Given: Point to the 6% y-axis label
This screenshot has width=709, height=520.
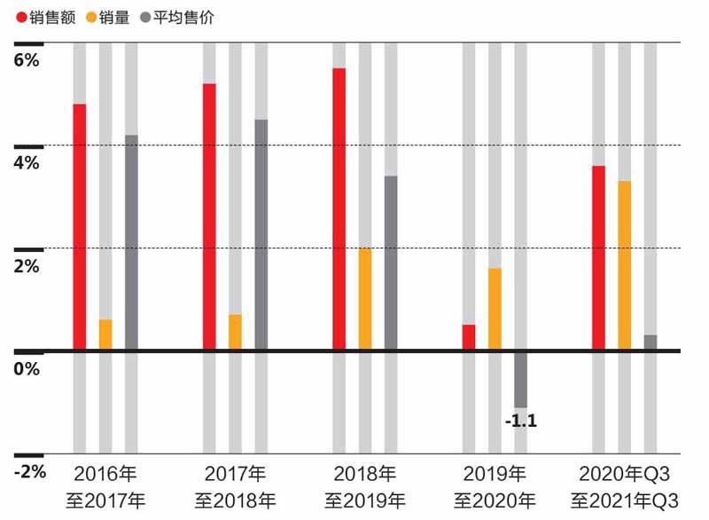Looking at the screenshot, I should pyautogui.click(x=27, y=60).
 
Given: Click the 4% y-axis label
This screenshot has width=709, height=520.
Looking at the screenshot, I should pyautogui.click(x=27, y=162).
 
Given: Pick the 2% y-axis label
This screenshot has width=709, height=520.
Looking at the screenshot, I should pyautogui.click(x=27, y=265).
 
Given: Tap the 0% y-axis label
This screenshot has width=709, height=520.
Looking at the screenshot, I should pyautogui.click(x=27, y=367).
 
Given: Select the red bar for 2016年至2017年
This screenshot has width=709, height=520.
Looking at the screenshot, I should pyautogui.click(x=80, y=227).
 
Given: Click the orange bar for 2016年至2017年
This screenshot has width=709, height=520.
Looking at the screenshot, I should pyautogui.click(x=105, y=335).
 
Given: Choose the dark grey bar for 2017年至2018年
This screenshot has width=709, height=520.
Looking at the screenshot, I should pyautogui.click(x=261, y=235).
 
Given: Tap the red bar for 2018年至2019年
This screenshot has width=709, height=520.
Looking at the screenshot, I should pyautogui.click(x=339, y=209).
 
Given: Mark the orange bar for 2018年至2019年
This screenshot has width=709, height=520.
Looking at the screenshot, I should pyautogui.click(x=365, y=299).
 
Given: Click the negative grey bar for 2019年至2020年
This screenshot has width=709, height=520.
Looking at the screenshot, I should pyautogui.click(x=520, y=380).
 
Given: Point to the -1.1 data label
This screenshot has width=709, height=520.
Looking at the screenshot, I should pyautogui.click(x=520, y=421).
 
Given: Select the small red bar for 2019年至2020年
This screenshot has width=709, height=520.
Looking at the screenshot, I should pyautogui.click(x=469, y=337).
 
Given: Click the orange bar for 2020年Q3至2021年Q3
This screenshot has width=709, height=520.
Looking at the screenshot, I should pyautogui.click(x=624, y=265).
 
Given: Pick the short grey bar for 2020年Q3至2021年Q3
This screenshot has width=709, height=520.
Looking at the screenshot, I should pyautogui.click(x=651, y=343).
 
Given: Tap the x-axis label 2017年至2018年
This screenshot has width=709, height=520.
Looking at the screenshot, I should pyautogui.click(x=235, y=485).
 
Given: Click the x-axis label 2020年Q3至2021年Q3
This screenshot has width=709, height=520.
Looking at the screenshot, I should pyautogui.click(x=624, y=485).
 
